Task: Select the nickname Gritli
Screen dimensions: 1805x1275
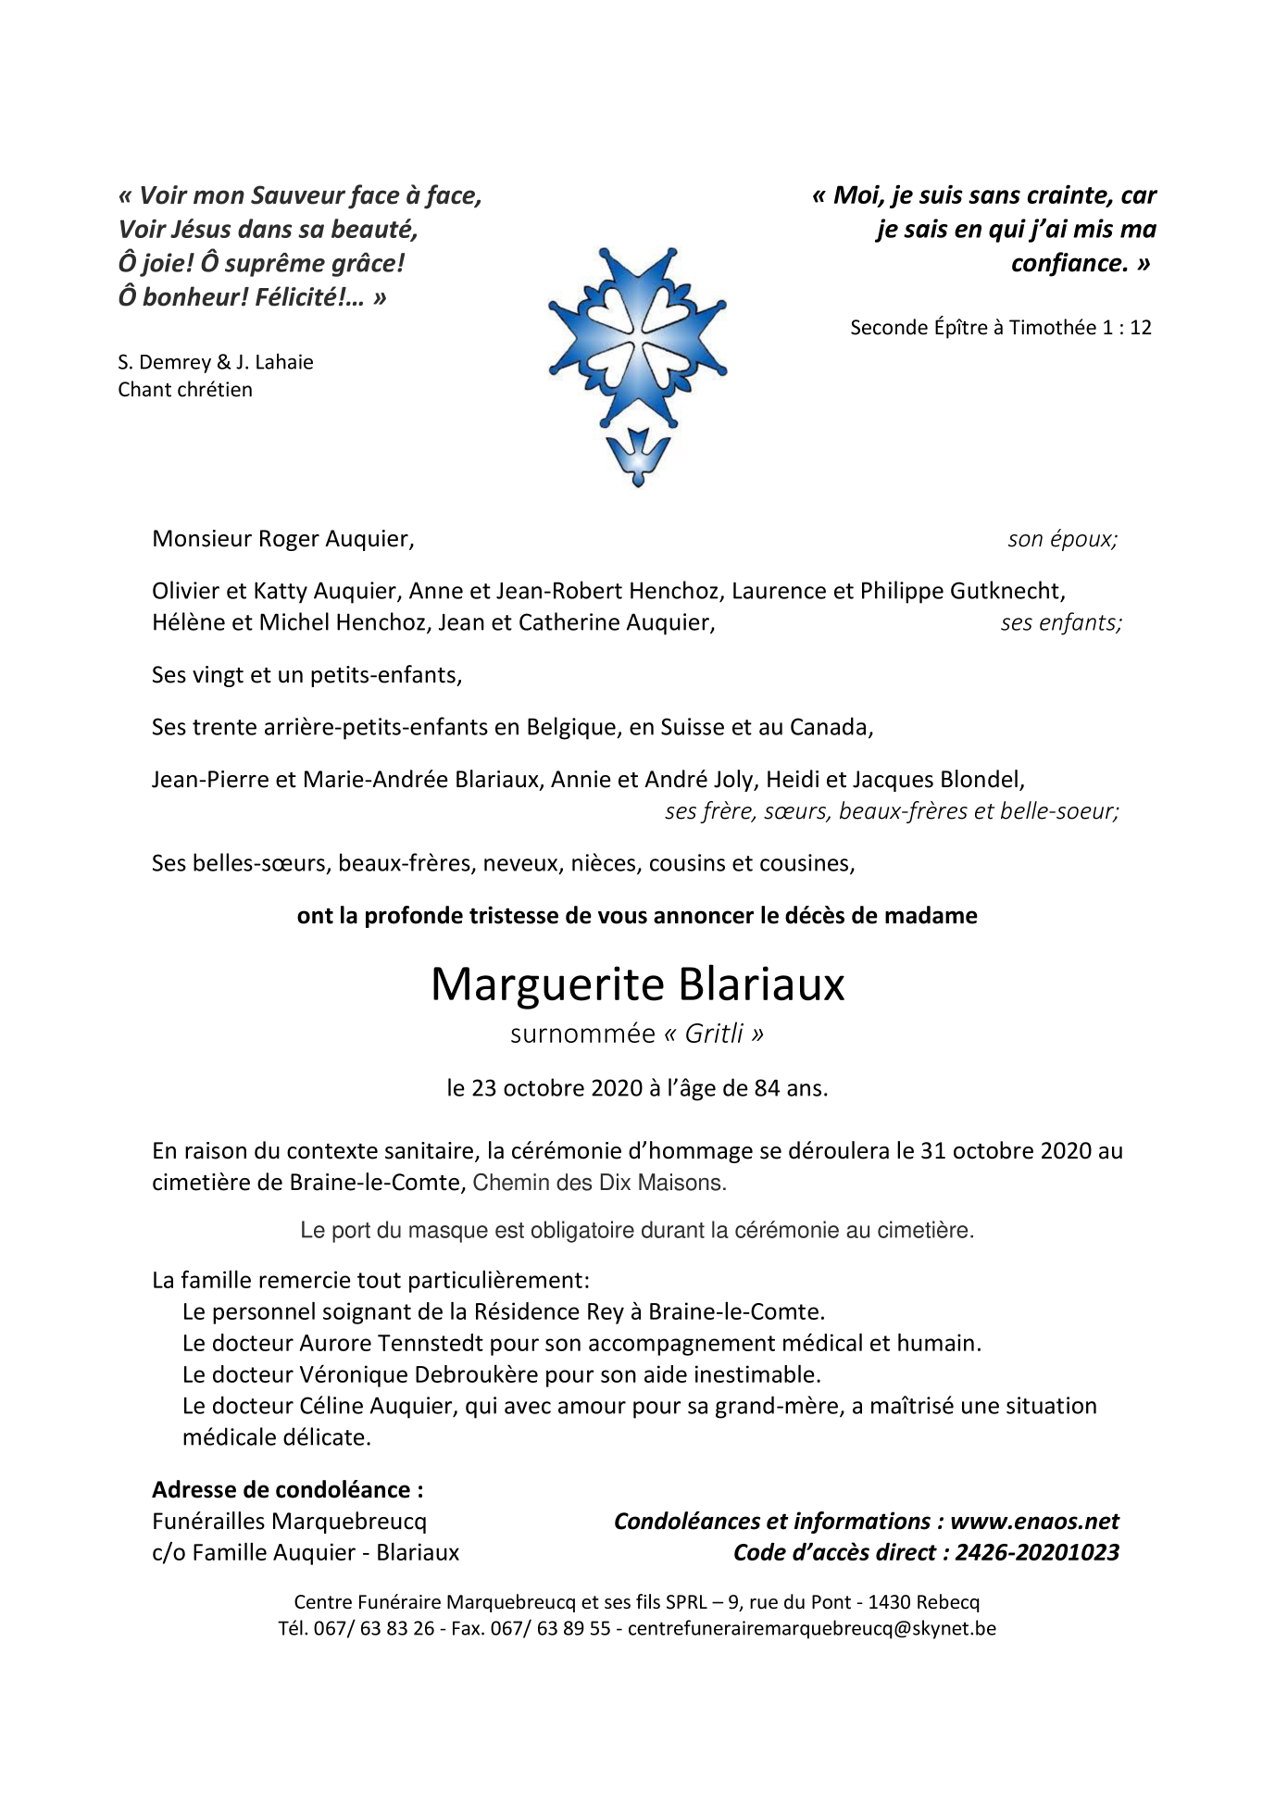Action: [714, 1034]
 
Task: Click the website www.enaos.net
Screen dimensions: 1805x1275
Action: [1034, 1521]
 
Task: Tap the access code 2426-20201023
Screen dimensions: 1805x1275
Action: [1036, 1552]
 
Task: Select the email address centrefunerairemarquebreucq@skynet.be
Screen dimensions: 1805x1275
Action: [812, 1628]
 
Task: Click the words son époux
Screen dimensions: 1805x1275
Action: [1062, 539]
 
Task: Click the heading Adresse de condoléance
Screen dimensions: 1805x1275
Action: [287, 1489]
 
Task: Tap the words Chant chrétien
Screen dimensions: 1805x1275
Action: [185, 389]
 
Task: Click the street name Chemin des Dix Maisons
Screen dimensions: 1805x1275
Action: [599, 1183]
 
